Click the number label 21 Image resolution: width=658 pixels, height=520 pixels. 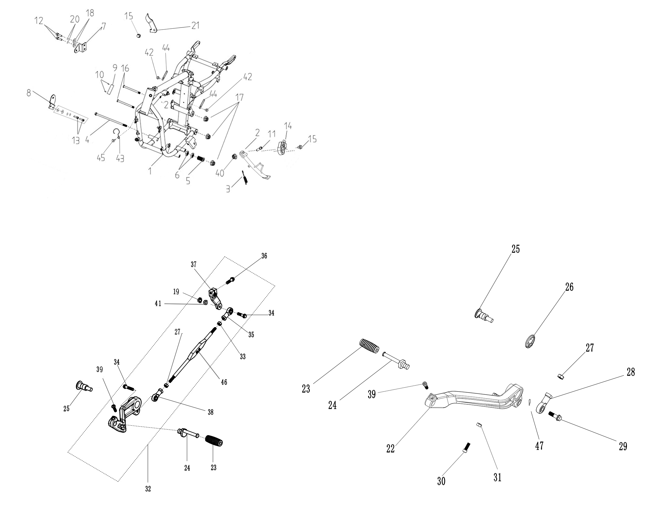coord(195,25)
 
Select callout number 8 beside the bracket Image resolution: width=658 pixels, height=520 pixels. coord(29,92)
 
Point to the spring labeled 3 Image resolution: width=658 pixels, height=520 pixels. coord(245,177)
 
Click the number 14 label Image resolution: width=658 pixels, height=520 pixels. coord(288,126)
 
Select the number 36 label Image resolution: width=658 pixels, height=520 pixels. coord(264,256)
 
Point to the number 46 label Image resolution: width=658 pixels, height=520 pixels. coord(224,382)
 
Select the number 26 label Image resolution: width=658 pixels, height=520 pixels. coord(569,287)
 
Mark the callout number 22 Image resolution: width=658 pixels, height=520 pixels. coord(390,449)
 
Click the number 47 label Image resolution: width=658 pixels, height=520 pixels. coord(539,446)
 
